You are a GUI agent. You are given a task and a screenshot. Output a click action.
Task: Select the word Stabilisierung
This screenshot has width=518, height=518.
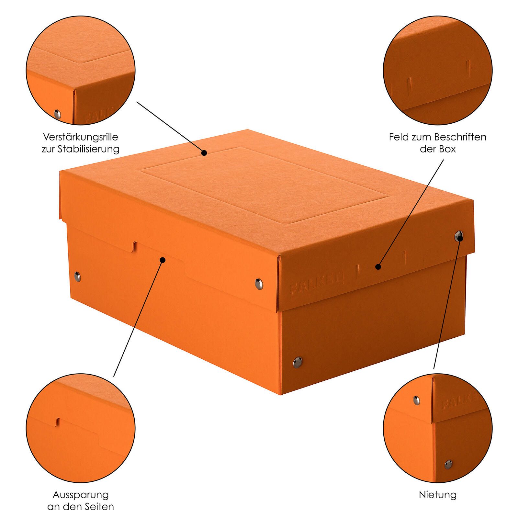point(88,149)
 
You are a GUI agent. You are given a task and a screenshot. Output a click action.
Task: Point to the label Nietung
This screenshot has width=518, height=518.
point(438,495)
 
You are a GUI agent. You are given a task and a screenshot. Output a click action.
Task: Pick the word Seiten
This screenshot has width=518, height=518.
point(99,507)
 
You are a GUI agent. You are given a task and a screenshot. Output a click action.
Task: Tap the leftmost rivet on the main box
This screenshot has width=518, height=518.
point(77,276)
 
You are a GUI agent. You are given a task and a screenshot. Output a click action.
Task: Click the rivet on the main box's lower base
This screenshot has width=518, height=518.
point(297,361)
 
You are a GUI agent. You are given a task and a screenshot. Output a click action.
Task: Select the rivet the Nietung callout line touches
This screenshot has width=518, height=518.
point(459,236)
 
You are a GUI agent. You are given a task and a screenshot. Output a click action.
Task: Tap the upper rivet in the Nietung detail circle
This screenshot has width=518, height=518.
point(416,400)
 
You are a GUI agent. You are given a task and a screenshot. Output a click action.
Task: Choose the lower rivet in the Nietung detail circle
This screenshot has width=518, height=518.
point(448,465)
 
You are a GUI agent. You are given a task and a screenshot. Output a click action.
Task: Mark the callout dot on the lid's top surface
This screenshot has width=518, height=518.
point(204,153)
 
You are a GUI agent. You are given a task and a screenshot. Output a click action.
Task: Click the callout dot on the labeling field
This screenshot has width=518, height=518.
point(377,267)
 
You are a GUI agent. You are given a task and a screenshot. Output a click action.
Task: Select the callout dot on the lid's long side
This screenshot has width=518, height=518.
point(163,260)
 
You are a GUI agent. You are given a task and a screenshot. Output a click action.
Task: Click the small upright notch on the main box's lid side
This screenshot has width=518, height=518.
point(134,246)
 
